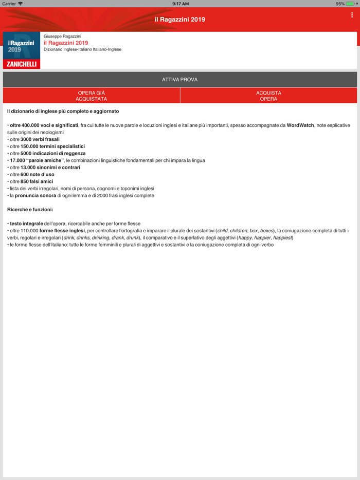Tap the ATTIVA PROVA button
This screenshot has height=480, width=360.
(x=180, y=80)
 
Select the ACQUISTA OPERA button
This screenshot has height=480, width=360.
(x=268, y=96)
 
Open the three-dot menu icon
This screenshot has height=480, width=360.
(x=352, y=15)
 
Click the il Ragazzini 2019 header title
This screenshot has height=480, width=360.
(x=180, y=20)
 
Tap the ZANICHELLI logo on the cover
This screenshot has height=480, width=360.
(x=22, y=64)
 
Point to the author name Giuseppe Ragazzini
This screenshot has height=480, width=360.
(x=63, y=36)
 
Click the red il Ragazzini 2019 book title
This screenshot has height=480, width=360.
(x=66, y=43)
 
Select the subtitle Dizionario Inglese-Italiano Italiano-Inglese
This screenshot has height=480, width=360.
(x=83, y=50)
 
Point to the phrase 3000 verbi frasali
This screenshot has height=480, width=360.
(x=40, y=139)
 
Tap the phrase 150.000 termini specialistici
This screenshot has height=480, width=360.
(x=52, y=146)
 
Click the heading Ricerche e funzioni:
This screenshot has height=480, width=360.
(x=30, y=210)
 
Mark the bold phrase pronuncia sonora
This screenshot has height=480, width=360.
(x=35, y=195)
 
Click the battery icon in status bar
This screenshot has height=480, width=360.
(x=351, y=4)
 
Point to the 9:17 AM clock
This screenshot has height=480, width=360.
(x=180, y=4)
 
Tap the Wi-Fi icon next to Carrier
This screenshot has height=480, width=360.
(x=21, y=4)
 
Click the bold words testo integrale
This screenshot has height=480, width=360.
(x=27, y=224)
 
